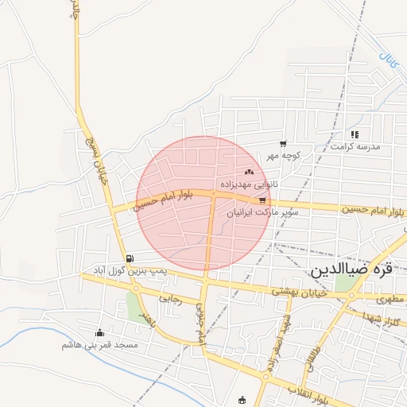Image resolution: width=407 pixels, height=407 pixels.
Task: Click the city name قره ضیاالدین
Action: coord(350,269)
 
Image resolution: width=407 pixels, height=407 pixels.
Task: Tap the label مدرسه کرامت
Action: coord(356,147)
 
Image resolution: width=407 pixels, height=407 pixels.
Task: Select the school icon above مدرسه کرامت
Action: coord(355,134)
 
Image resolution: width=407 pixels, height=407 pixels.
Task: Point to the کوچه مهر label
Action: coord(283,156)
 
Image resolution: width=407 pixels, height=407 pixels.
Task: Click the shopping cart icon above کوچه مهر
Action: coord(283,144)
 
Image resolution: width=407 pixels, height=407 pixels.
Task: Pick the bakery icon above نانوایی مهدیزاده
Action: coord(249,172)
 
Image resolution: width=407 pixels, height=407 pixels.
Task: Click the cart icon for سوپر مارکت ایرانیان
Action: coord(262,200)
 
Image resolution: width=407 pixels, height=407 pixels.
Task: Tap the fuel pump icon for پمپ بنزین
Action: coord(130,258)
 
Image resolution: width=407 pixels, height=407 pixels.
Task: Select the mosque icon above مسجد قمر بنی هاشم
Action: coord(99,333)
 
